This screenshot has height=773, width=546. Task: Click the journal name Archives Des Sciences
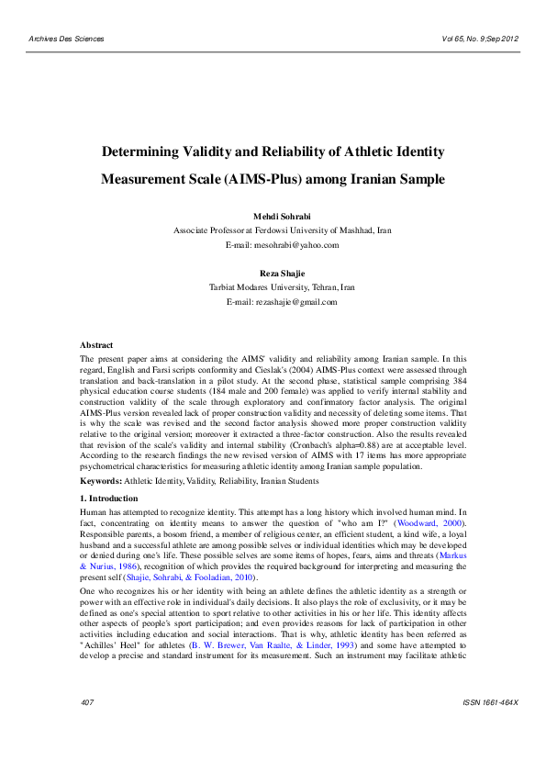click(67, 39)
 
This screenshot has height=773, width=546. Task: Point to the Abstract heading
click(96, 344)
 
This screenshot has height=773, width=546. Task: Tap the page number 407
click(88, 728)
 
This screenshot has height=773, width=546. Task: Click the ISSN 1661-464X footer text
click(491, 728)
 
